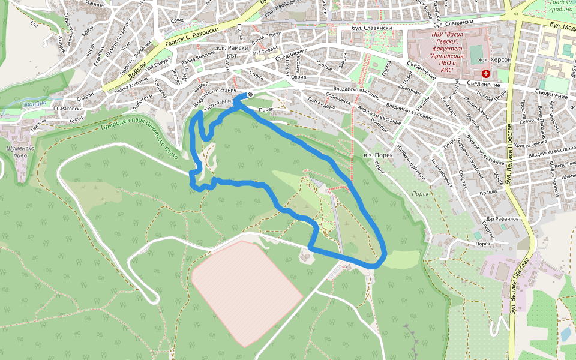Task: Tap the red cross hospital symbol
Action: (485, 74)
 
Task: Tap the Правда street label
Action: (489, 193)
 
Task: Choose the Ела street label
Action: (34, 25)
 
